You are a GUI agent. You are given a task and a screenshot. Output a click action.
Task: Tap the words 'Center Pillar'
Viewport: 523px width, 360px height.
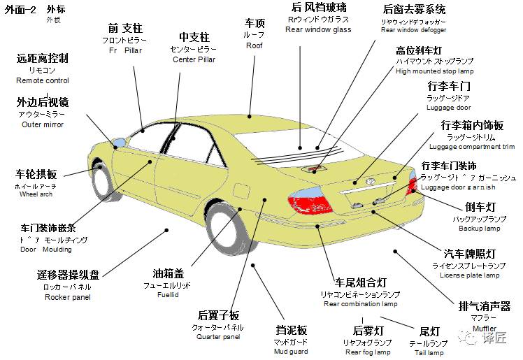[194, 59]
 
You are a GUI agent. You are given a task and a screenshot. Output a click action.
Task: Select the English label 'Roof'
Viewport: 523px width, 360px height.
[254, 45]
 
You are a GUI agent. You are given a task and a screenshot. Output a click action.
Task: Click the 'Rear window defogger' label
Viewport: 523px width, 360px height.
[413, 30]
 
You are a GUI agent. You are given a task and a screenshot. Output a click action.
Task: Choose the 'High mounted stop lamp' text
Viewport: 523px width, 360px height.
[434, 71]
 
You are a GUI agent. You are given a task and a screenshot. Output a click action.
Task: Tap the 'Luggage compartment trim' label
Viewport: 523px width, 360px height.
[472, 147]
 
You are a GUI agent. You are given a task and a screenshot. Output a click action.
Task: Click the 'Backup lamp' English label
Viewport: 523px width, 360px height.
[479, 229]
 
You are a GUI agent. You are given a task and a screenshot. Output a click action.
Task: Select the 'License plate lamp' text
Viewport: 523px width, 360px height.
[470, 275]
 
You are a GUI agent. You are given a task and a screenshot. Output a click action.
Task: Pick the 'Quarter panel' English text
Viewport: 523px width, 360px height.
[218, 337]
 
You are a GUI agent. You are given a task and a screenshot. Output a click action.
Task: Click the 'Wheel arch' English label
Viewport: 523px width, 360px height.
[36, 194]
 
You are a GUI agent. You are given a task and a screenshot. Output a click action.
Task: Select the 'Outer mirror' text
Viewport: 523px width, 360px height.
[42, 124]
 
